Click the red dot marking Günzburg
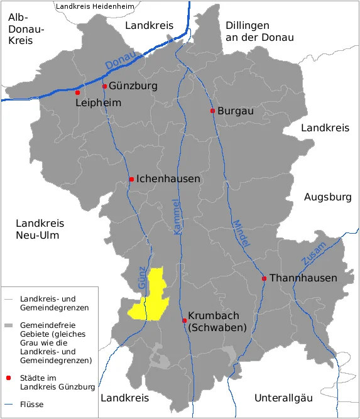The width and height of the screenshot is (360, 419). point(104,87)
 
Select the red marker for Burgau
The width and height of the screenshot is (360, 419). point(212,111)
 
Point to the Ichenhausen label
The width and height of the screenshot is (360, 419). point(168,179)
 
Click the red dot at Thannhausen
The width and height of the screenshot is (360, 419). point(265,278)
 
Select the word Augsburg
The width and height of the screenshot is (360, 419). point(327,197)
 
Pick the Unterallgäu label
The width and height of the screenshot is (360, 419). point(283,398)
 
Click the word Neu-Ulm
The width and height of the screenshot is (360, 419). point(40,236)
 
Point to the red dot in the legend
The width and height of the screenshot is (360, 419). point(9,378)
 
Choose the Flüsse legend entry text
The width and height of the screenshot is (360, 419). point(31,405)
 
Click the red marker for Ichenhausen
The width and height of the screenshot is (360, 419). point(131,180)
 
